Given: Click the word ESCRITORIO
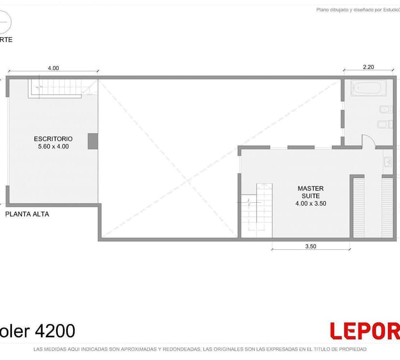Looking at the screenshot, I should point(53,138).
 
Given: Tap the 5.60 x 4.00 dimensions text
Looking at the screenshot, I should point(53,146).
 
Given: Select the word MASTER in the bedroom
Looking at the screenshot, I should point(311,188).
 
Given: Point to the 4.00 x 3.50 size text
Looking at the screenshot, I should point(311,203).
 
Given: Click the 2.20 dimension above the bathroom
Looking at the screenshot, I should point(368,67).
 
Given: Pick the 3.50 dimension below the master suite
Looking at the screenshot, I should point(311,246).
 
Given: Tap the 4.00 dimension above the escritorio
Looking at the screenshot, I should point(53,68).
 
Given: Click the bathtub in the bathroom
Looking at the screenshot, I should point(368,88).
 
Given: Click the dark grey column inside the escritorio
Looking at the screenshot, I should point(93,141).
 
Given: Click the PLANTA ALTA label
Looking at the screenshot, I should point(27,214).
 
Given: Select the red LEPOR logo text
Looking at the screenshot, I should point(365,331).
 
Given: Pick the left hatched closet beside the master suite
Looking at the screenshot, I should point(358,208).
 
